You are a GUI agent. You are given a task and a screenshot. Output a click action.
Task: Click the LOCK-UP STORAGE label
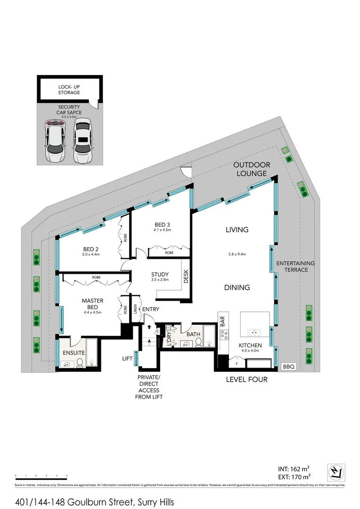pyautogui.click(x=69, y=90)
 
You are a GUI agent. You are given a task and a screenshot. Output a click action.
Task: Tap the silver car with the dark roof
pyautogui.click(x=83, y=141)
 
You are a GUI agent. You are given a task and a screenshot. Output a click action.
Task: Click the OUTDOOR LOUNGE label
pyautogui.click(x=252, y=169)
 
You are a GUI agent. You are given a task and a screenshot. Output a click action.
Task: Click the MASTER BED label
pyautogui.click(x=92, y=304)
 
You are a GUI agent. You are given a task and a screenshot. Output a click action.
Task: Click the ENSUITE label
pyautogui.click(x=74, y=352)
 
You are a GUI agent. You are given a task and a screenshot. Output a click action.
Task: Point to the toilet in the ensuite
pyautogui.click(x=80, y=362)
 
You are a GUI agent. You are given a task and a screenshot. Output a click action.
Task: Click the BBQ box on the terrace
pyautogui.click(x=287, y=366)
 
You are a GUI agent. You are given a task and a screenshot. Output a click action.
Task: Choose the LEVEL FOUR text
pyautogui.click(x=247, y=379)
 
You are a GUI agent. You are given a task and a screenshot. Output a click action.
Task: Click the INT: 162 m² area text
pyautogui.click(x=293, y=468)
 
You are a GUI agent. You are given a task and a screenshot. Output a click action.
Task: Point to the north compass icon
pyautogui.click(x=335, y=472)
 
